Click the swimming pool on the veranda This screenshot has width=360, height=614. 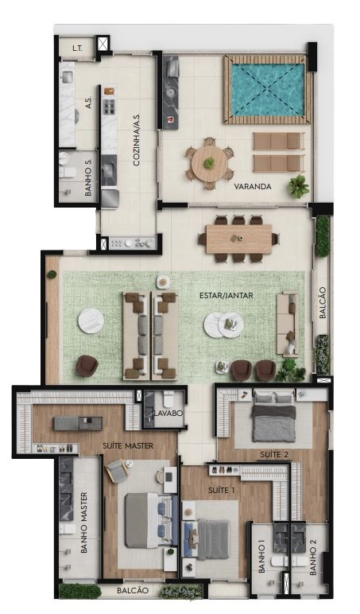point(268,90)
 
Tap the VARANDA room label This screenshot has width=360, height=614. point(253,186)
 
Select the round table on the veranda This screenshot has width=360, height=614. point(209,163)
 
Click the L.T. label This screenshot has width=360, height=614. point(77,49)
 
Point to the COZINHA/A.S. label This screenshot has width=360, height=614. point(137,140)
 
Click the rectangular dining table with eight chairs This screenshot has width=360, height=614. point(238,239)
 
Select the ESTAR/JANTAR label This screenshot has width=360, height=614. point(226,295)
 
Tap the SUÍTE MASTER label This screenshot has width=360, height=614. point(128,445)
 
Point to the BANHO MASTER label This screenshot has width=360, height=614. point(83,523)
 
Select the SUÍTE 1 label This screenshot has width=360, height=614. point(222,490)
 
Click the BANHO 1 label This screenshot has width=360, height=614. point(261,556)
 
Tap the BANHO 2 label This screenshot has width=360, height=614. point(312,556)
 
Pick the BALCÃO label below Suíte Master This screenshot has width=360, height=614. point(133,590)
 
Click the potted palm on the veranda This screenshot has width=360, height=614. point(299,186)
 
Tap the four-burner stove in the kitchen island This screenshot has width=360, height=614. point(109,106)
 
